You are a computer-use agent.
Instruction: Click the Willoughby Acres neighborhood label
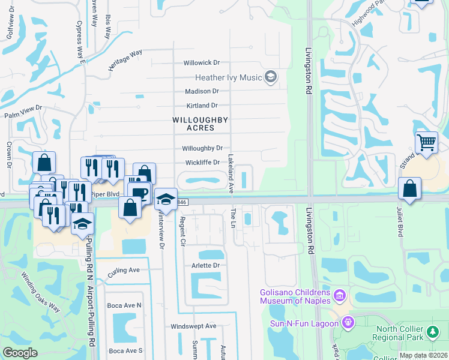(200, 124)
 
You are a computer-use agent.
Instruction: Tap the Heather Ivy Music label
(229, 77)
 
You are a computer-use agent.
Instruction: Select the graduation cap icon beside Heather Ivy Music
(271, 77)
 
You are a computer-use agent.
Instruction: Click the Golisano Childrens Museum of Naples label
(295, 296)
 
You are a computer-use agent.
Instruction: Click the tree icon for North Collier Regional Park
(432, 332)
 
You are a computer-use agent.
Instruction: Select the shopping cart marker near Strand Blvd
(426, 143)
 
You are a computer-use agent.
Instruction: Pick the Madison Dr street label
(202, 91)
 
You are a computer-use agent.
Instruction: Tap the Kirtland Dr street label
(202, 106)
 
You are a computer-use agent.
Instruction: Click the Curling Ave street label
(123, 271)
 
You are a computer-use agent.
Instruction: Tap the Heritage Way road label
(125, 61)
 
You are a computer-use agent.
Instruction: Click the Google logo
(20, 353)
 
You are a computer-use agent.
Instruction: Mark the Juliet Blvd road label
(397, 223)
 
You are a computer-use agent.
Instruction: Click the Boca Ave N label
(124, 305)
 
